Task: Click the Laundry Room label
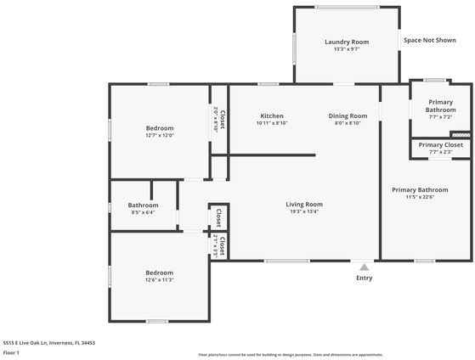point(347,42)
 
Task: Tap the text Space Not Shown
point(430,40)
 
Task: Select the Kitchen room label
point(272,115)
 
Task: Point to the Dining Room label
point(348,115)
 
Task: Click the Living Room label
point(303,204)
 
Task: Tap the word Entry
point(364,278)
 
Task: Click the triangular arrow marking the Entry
point(364,266)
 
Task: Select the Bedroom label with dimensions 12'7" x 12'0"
point(160,128)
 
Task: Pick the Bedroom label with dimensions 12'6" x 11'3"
point(159,273)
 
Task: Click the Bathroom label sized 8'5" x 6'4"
point(143,205)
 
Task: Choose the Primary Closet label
point(441,145)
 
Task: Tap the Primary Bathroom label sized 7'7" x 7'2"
point(441,105)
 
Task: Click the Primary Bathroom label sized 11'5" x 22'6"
point(419,189)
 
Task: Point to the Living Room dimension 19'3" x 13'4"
point(303,211)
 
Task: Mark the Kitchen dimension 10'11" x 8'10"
point(272,123)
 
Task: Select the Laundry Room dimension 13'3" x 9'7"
point(347,49)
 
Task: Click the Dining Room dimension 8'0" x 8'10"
point(348,123)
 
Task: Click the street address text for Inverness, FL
point(49,343)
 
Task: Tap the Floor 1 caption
point(12,352)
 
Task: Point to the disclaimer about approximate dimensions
point(291,354)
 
